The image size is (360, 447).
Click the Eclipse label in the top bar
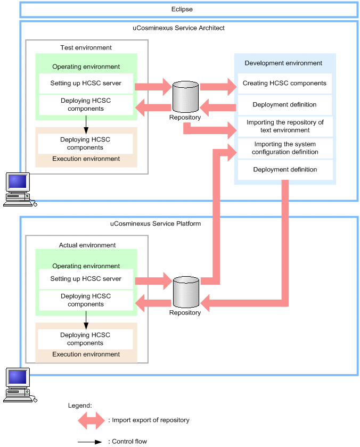click(x=182, y=10)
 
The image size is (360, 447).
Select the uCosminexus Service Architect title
click(x=178, y=28)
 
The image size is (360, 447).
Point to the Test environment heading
click(x=86, y=48)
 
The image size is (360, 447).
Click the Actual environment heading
click(x=87, y=245)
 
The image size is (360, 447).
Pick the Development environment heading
click(x=283, y=63)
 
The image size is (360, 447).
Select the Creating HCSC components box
click(x=284, y=84)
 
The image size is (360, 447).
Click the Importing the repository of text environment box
click(x=285, y=126)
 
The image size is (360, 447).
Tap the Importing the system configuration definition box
click(x=285, y=148)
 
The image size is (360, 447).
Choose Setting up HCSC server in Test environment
click(x=86, y=84)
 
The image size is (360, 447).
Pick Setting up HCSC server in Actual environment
click(x=86, y=279)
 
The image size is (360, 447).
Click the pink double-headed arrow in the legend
click(x=92, y=420)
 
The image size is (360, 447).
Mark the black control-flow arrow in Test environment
click(x=86, y=123)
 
